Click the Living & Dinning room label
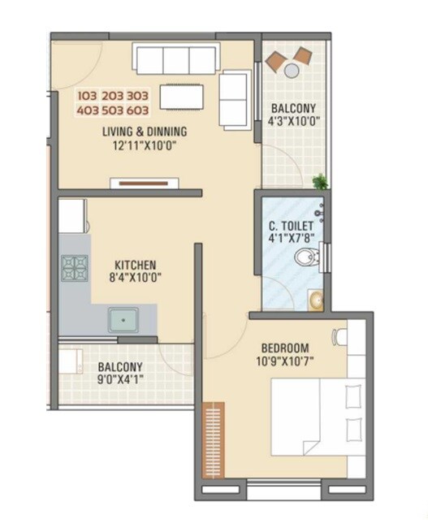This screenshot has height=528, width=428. (x=145, y=132)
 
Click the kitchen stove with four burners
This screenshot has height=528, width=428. (x=75, y=268)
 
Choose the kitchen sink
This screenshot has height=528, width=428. (x=123, y=319)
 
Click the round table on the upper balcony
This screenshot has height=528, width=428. (x=292, y=71)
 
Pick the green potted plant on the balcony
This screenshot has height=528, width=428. (x=321, y=181)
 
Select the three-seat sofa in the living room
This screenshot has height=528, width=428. (x=176, y=59)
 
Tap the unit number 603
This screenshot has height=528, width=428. (x=138, y=110)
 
